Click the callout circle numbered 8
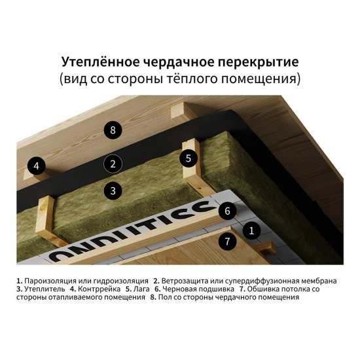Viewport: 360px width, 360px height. click(113, 130)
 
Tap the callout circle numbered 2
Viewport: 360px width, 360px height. click(113, 164)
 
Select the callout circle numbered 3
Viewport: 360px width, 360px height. click(113, 191)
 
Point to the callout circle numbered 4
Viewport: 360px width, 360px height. click(37, 166)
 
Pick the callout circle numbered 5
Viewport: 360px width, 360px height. click(188, 158)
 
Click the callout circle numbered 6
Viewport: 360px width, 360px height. click(226, 211)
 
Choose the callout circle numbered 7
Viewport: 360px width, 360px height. click(226, 241)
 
